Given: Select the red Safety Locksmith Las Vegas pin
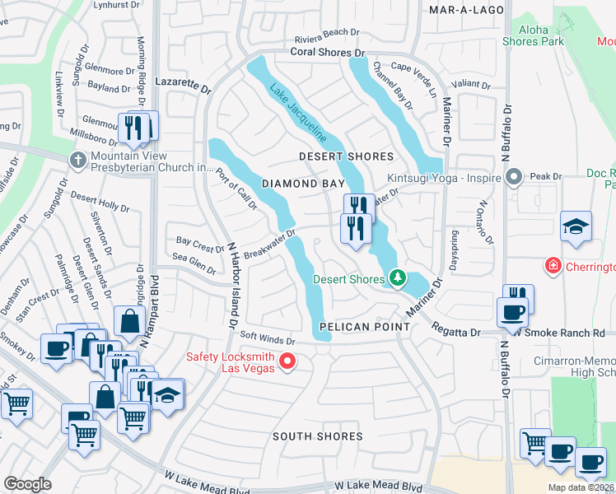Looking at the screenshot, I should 287,361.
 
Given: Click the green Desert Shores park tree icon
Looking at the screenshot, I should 397,278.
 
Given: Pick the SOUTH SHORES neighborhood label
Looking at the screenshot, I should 317,436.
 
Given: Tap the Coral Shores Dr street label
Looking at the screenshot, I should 327,52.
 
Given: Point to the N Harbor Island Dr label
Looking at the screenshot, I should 233,281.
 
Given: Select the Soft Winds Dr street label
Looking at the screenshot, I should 267,339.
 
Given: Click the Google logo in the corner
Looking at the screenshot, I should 27,484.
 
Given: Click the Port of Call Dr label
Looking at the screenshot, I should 236,189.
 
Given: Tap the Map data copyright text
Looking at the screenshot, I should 579,487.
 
